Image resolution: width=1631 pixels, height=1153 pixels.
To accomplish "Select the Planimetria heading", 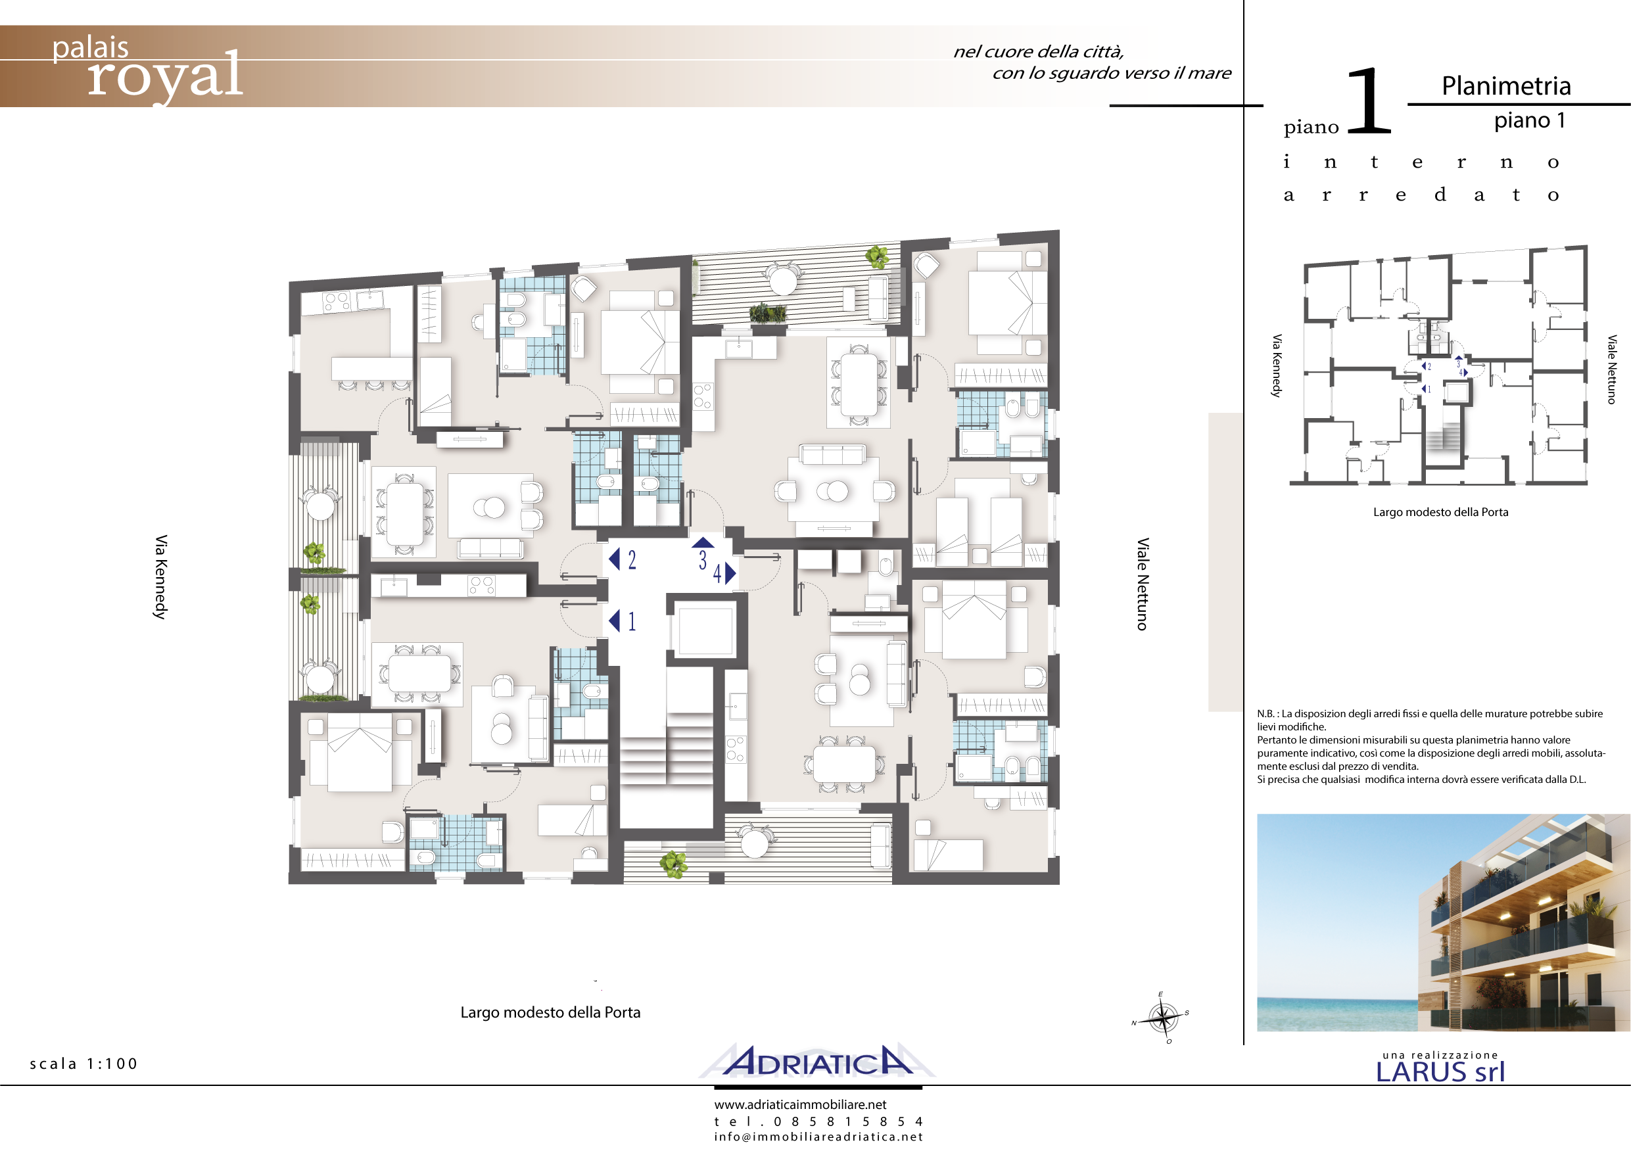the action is (x=1506, y=86).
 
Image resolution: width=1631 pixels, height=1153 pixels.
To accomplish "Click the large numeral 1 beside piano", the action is (x=1369, y=100).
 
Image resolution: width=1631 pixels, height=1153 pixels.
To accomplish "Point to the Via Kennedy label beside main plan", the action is (x=161, y=577).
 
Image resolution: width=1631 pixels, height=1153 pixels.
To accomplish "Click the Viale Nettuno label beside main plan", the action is (x=1143, y=584).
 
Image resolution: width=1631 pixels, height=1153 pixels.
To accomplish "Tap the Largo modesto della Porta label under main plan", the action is (x=550, y=1012).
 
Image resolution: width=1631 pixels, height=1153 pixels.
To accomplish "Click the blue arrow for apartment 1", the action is (x=615, y=621).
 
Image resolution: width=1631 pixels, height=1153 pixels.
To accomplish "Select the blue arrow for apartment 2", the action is (x=615, y=559).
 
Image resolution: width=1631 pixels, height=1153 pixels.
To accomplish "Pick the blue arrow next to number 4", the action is (x=730, y=573).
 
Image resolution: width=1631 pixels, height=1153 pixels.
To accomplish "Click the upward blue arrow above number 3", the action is (x=703, y=543).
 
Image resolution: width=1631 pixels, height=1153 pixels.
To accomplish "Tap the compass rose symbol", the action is (x=1162, y=1018).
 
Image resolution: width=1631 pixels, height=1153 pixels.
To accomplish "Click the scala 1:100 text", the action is (x=84, y=1064).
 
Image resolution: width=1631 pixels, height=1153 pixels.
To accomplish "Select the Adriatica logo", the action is (x=817, y=1062).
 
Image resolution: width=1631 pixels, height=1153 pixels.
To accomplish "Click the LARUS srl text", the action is (x=1440, y=1072).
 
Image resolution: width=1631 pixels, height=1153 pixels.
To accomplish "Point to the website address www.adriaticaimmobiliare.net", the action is (x=801, y=1105).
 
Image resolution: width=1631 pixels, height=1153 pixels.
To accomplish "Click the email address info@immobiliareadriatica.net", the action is (x=818, y=1137).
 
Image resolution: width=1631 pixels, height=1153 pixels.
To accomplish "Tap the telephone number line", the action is (x=818, y=1121).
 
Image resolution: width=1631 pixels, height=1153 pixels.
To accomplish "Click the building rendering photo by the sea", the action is (x=1444, y=923).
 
